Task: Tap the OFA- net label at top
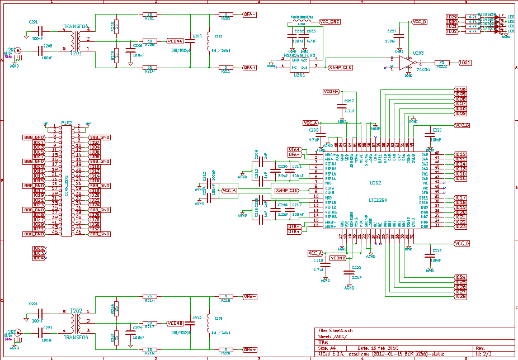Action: coord(249,14)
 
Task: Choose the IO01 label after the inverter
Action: coord(465,63)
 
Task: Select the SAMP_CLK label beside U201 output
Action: coord(340,68)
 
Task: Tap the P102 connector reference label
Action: coord(67,122)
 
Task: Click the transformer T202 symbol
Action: coord(81,323)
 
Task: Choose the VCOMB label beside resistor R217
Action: coord(175,323)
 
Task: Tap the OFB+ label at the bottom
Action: coord(249,349)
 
